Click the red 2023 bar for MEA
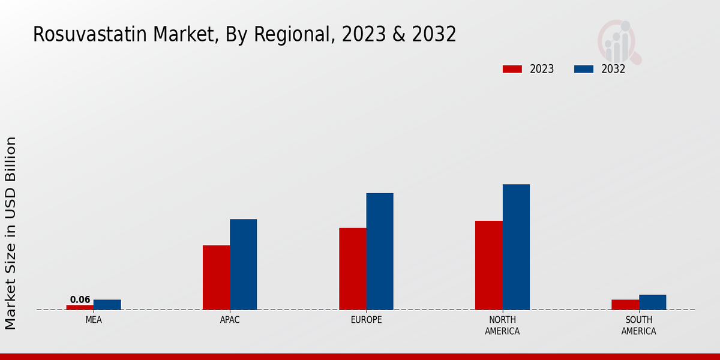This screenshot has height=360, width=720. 80,307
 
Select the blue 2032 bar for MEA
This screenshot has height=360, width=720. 107,305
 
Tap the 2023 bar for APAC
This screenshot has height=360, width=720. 216,277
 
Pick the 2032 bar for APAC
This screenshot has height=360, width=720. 243,264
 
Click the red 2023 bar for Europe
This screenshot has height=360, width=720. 352,269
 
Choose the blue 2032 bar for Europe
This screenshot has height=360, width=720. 380,251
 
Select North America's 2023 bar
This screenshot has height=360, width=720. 489,265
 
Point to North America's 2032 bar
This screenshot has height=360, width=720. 516,247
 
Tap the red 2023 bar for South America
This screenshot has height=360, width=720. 625,305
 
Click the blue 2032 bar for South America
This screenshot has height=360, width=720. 652,302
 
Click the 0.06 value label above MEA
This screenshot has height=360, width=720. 80,299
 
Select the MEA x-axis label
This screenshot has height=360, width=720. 94,320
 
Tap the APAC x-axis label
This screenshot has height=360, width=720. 230,320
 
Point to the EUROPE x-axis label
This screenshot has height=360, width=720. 366,320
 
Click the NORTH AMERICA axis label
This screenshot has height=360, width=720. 503,325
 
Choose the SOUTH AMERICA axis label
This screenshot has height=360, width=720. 639,325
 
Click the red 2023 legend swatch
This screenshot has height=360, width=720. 512,69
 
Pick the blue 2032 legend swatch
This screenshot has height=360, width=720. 584,69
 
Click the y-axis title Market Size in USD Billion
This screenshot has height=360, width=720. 11,233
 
